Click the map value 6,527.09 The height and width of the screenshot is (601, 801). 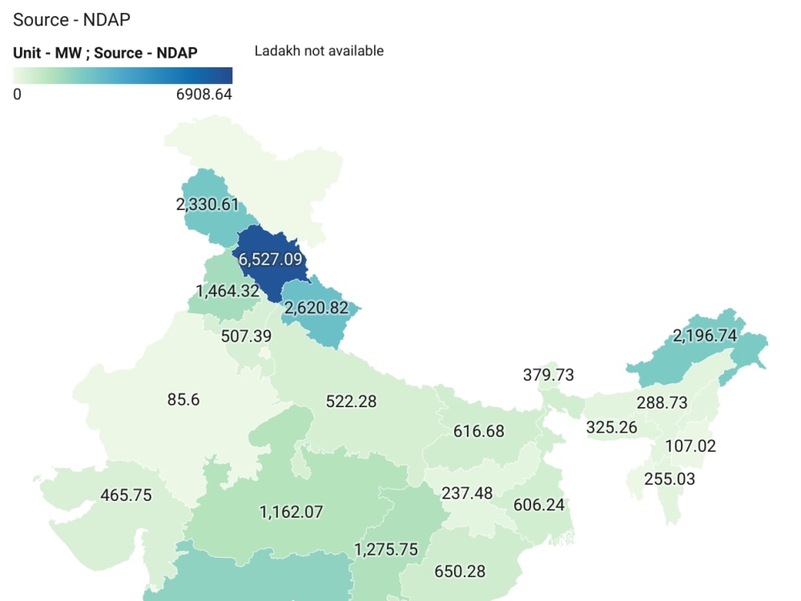[270, 260]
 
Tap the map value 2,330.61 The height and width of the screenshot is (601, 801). [207, 204]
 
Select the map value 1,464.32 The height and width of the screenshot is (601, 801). [227, 291]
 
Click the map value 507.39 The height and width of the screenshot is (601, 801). [246, 336]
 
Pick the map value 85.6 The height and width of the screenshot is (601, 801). [183, 399]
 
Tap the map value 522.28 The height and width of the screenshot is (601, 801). [351, 401]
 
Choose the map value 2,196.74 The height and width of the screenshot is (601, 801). [705, 336]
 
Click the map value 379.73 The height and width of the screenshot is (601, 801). [549, 375]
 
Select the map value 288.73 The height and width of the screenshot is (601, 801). [662, 403]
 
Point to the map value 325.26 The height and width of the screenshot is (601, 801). [612, 427]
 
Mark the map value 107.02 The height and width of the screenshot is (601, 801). [690, 446]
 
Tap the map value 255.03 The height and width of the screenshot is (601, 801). [670, 479]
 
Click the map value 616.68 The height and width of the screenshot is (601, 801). [479, 431]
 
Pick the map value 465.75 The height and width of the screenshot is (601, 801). [126, 495]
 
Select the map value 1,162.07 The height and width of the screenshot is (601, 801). [292, 511]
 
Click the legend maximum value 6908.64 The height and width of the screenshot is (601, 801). [203, 94]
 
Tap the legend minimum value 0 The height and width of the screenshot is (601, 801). [17, 94]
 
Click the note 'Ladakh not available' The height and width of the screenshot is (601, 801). [319, 51]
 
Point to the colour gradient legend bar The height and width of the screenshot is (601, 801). [123, 75]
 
